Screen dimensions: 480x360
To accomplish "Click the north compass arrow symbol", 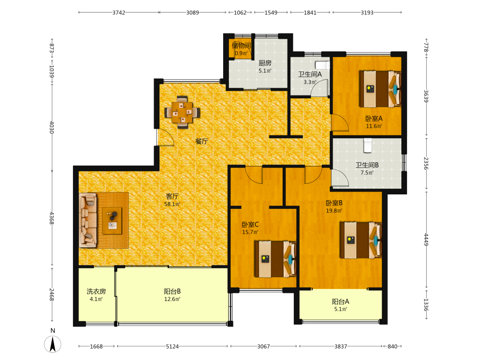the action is point(53,344).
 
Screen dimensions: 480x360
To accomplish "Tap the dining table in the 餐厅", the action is point(182,112).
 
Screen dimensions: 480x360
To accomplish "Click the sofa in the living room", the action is point(88,220).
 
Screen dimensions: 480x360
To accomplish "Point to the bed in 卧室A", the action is point(380,89).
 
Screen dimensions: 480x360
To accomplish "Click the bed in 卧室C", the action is point(275,259).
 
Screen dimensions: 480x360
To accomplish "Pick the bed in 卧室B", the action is point(361,240).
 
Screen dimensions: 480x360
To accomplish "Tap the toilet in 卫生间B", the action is point(367,145).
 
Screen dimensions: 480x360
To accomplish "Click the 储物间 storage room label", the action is point(241,46).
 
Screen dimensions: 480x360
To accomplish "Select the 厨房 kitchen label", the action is point(265,63).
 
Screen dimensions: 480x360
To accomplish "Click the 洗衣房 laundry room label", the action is point(96,291).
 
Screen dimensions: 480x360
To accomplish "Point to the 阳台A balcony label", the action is point(340,301).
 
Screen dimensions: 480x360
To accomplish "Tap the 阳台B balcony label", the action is point(172,291).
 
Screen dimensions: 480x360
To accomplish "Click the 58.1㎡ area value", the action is point(172,204).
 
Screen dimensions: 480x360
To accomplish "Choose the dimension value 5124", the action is point(172,346).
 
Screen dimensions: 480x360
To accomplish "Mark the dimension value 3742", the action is point(119,12).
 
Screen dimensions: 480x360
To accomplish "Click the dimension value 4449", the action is point(426,240).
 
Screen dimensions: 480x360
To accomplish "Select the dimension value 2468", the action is point(52,295).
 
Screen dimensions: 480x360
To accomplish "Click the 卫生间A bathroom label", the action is point(310,74).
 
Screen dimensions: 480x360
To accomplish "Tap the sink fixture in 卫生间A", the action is point(323,65).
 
